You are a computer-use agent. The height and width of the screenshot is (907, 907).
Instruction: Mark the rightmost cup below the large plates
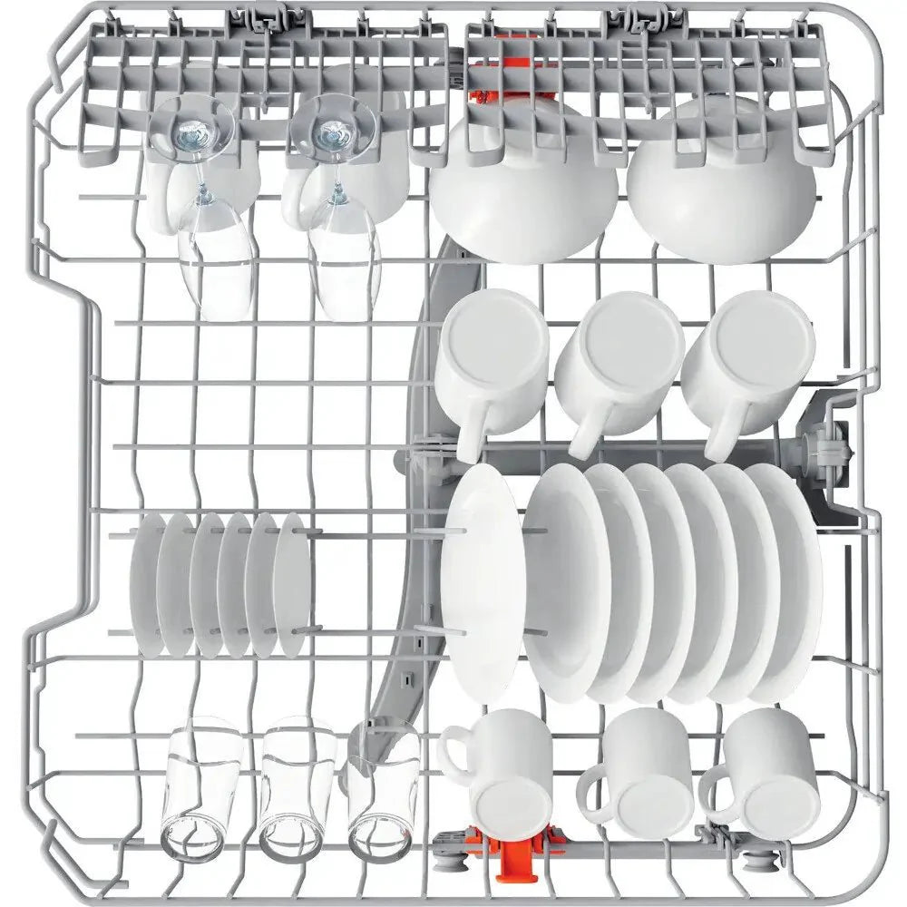click(766, 771)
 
